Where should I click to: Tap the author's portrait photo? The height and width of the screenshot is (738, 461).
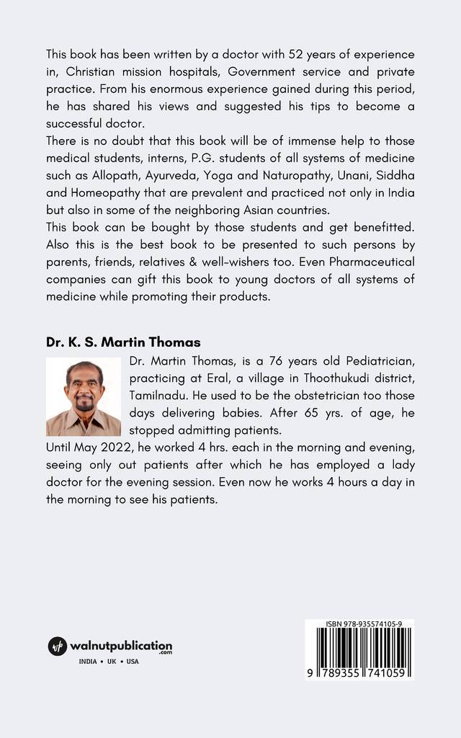click(x=84, y=398)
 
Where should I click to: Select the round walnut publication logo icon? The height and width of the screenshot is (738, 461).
click(x=57, y=646)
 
